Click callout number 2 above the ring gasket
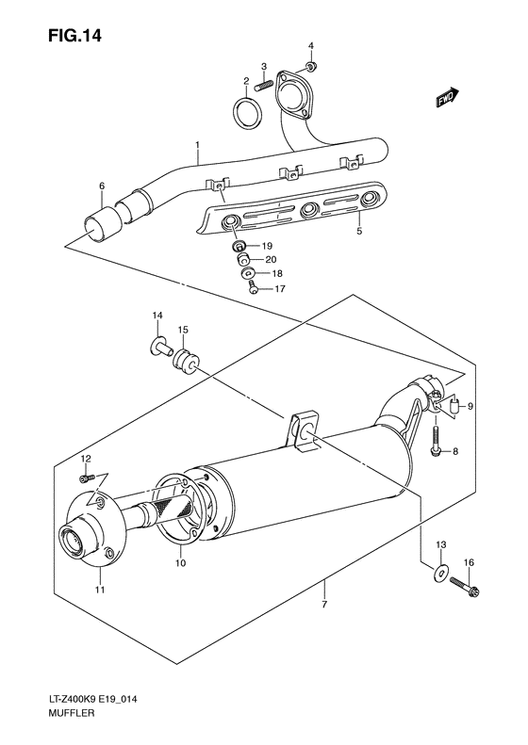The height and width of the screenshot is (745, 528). pyautogui.click(x=245, y=81)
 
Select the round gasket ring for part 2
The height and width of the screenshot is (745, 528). pyautogui.click(x=247, y=113)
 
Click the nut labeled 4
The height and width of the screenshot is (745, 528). pyautogui.click(x=313, y=65)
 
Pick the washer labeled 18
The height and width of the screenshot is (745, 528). pyautogui.click(x=249, y=274)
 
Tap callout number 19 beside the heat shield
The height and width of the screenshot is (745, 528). pyautogui.click(x=267, y=246)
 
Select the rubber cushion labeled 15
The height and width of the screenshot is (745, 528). pyautogui.click(x=185, y=359)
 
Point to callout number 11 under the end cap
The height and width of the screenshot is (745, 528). pyautogui.click(x=100, y=590)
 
